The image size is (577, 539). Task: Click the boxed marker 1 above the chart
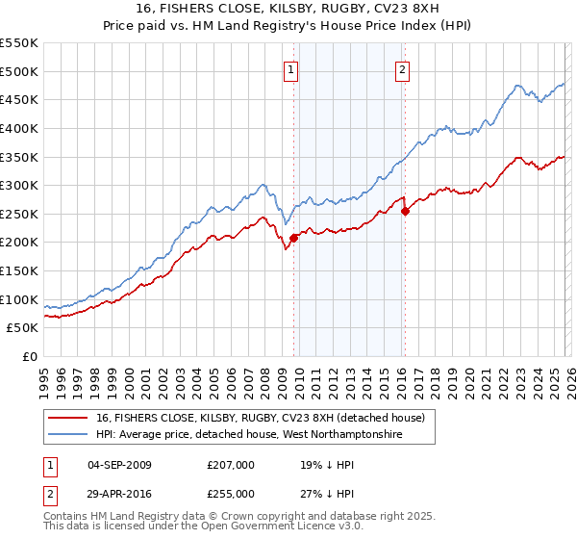pos(290,68)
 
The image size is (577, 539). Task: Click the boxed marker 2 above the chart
pos(401,68)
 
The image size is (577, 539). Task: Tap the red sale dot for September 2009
pos(293,238)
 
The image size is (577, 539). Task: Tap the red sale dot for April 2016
pos(405,211)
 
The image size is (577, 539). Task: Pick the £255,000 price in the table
pos(231,493)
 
